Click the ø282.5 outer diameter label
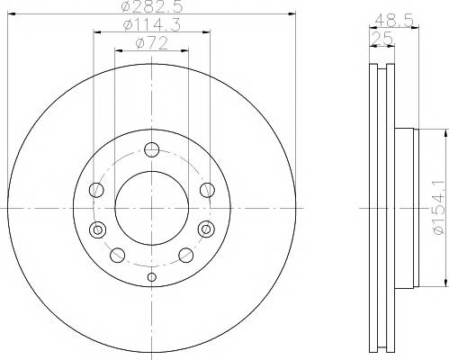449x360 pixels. pos(152,6)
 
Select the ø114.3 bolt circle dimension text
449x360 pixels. pos(152,25)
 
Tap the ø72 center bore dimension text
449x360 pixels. pos(151,44)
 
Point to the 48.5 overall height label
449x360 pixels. pos(394,21)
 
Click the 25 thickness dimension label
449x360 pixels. pos(382,39)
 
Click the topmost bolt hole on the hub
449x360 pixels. pos(151,149)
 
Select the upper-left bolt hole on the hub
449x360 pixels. pos(96,190)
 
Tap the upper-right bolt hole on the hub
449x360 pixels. pos(207,190)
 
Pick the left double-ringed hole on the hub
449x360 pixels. pos(97,229)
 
